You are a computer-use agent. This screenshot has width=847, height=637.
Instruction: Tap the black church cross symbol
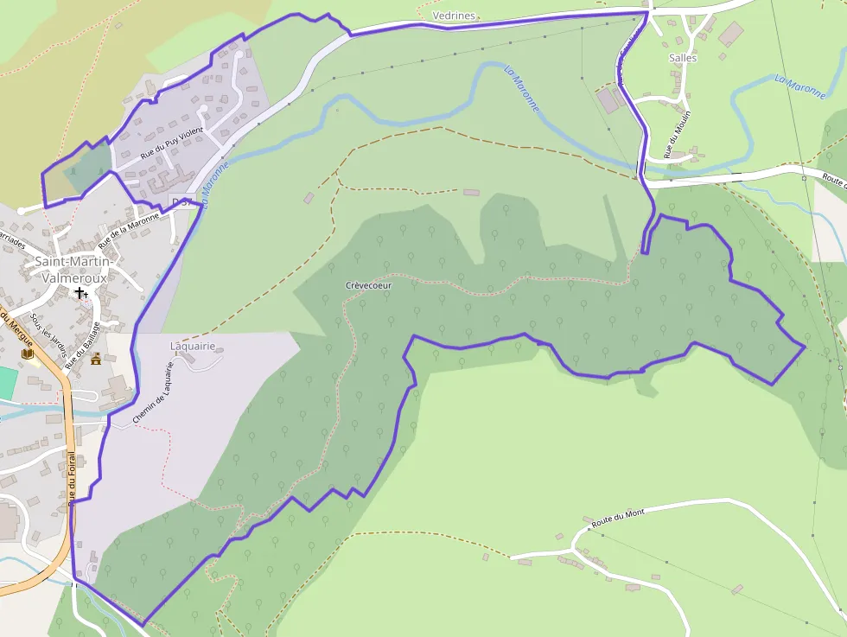click(80, 293)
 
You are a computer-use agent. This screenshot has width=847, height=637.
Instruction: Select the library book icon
click(27, 354)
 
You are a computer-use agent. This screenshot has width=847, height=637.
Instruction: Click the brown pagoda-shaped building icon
click(96, 359)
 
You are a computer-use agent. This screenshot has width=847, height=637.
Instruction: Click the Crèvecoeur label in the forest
click(369, 285)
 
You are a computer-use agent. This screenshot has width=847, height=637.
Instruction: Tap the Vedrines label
click(454, 16)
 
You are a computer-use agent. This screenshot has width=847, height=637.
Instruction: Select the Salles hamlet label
click(683, 58)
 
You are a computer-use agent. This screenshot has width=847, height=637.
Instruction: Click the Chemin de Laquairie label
click(154, 392)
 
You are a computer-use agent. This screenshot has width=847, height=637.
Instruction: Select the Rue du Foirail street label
click(72, 475)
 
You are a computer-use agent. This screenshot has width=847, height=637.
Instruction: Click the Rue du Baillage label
click(88, 341)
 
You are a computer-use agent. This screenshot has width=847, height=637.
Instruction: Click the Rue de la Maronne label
click(129, 229)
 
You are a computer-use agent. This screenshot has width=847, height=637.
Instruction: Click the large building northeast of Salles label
click(730, 34)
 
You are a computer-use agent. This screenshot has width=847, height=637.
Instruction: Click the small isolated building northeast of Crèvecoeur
click(471, 192)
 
